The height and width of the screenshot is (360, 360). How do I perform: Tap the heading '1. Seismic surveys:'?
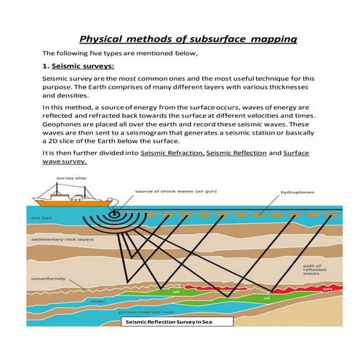[77, 65]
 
